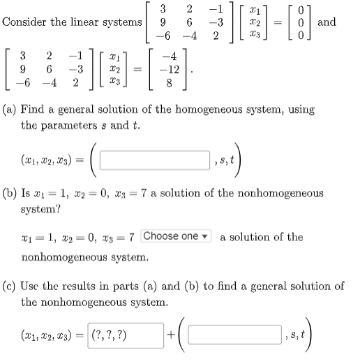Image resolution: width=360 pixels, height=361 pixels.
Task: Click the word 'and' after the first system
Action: coord(327,22)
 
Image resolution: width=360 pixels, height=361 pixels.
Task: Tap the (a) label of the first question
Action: coord(11,109)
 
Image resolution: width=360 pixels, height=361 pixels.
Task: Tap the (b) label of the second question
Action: coord(11,192)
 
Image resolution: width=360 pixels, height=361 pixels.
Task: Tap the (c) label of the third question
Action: coord(11,286)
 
